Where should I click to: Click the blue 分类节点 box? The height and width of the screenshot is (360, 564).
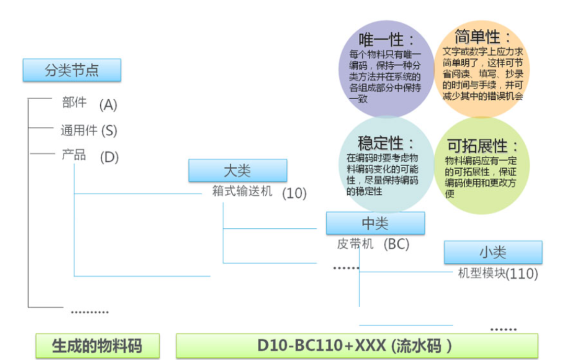[x=72, y=70]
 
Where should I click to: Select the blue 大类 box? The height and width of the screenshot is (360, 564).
[x=238, y=170]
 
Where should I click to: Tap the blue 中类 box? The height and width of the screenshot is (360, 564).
[x=375, y=223]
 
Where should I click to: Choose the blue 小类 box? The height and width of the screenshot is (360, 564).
[x=493, y=252]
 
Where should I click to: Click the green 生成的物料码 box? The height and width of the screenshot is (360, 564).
[x=97, y=346]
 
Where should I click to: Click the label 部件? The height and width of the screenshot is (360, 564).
[x=74, y=102]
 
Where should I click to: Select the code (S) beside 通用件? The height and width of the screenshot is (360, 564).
[x=109, y=130]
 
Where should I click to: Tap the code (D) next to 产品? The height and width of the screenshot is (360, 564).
[x=109, y=157]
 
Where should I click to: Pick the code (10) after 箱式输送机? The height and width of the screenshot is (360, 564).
[x=294, y=193]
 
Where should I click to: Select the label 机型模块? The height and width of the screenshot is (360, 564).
[x=481, y=273]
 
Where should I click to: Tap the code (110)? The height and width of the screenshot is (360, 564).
[x=522, y=274]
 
